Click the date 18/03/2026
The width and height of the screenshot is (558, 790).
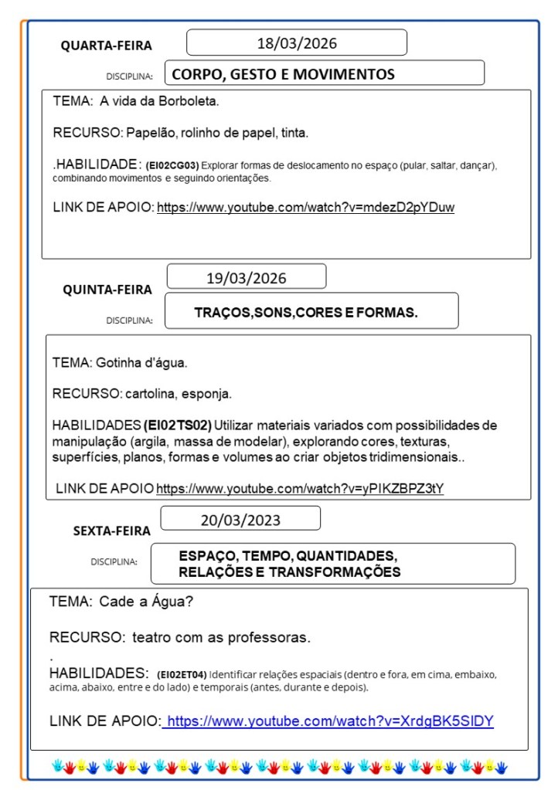point(297,43)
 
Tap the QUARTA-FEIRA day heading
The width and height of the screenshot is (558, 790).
point(107,46)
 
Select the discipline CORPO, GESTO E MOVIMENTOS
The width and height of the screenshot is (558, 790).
point(283,75)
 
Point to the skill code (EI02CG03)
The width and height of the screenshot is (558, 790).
point(172,165)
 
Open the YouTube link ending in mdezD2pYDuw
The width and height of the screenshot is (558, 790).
point(305,207)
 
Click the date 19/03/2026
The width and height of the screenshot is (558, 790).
point(246,277)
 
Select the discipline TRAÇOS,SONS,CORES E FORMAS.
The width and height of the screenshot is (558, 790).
point(306,313)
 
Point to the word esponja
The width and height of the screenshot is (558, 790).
point(208,394)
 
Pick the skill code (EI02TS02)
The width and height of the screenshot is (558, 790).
point(177,426)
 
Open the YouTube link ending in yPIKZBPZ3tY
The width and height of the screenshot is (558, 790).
point(300,489)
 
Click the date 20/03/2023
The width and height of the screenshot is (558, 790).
point(240,520)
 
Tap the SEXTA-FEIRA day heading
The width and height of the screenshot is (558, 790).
point(112,531)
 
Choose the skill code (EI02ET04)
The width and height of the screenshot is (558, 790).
point(182,674)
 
